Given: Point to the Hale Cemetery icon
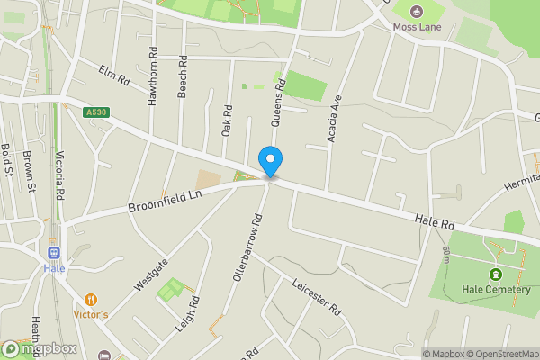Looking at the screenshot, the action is click(494, 274).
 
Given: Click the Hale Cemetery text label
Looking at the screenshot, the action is click(493, 290).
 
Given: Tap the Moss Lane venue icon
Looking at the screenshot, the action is click(417, 12).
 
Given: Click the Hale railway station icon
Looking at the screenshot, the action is click(54, 253).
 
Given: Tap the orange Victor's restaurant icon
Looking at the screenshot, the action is click(91, 299).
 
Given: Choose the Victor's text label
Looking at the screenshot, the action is click(91, 315).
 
